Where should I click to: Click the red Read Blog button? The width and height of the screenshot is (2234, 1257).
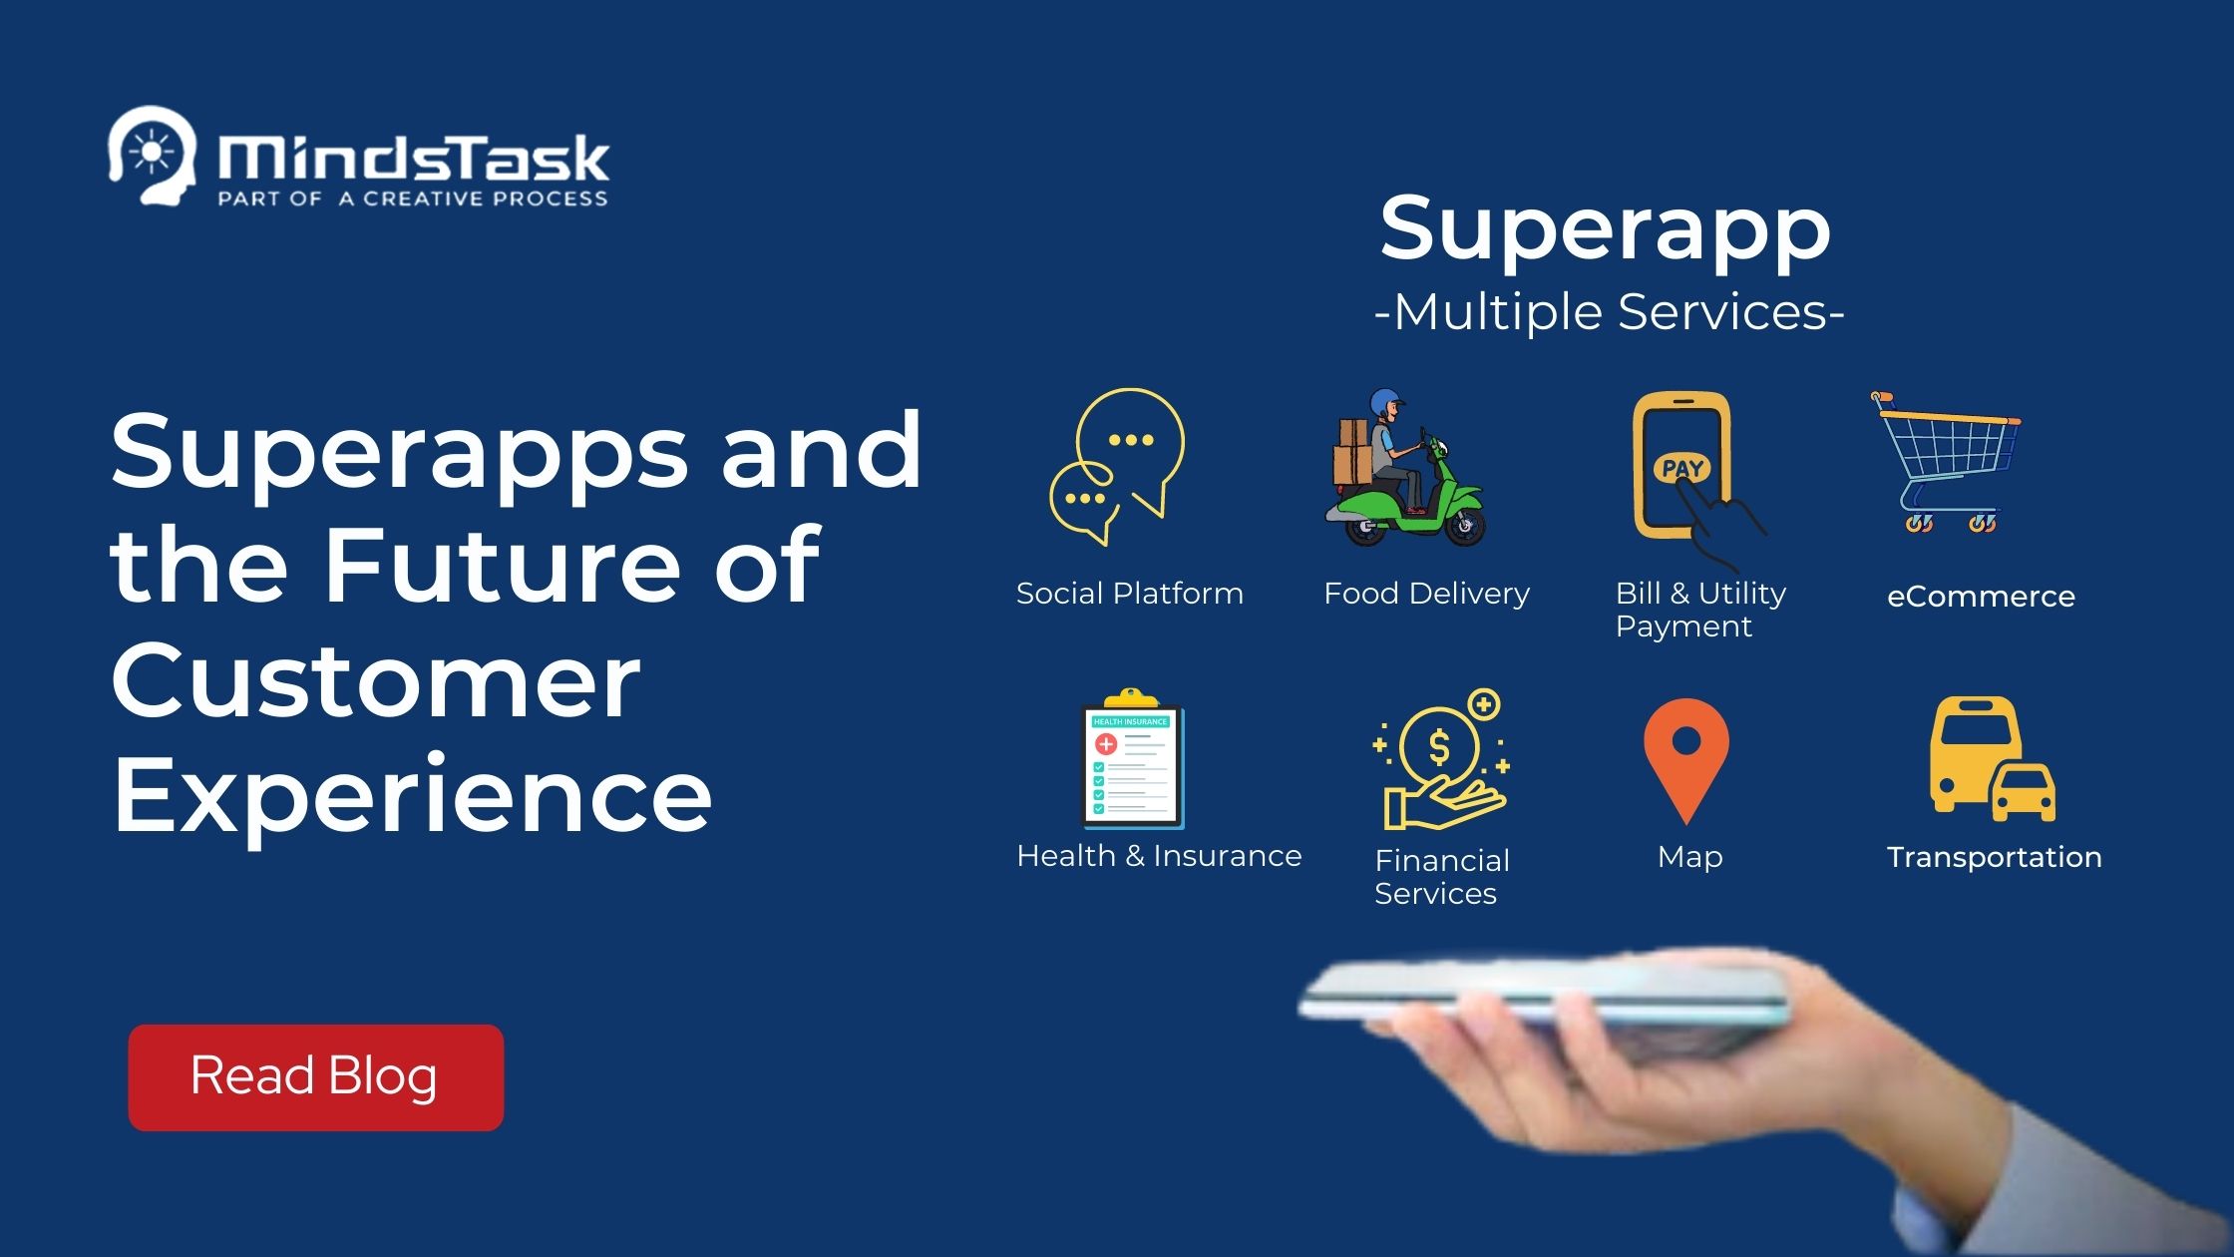[315, 1077]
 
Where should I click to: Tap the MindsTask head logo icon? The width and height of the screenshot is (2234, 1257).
[151, 156]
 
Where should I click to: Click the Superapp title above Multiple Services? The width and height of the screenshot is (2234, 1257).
[1606, 229]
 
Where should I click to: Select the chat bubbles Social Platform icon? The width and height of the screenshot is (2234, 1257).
[1117, 466]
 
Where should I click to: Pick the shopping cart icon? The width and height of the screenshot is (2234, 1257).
[1945, 461]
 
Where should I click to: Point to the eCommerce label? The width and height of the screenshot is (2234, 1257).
[1981, 597]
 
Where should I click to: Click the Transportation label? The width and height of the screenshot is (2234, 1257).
[1994, 857]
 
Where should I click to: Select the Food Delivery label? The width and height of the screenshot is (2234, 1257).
[1426, 594]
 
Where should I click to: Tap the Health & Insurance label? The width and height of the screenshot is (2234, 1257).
[1159, 856]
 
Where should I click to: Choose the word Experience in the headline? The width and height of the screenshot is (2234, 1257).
[412, 795]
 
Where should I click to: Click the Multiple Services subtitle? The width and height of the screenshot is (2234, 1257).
[1610, 312]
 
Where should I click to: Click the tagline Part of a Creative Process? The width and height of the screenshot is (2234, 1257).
[413, 199]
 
